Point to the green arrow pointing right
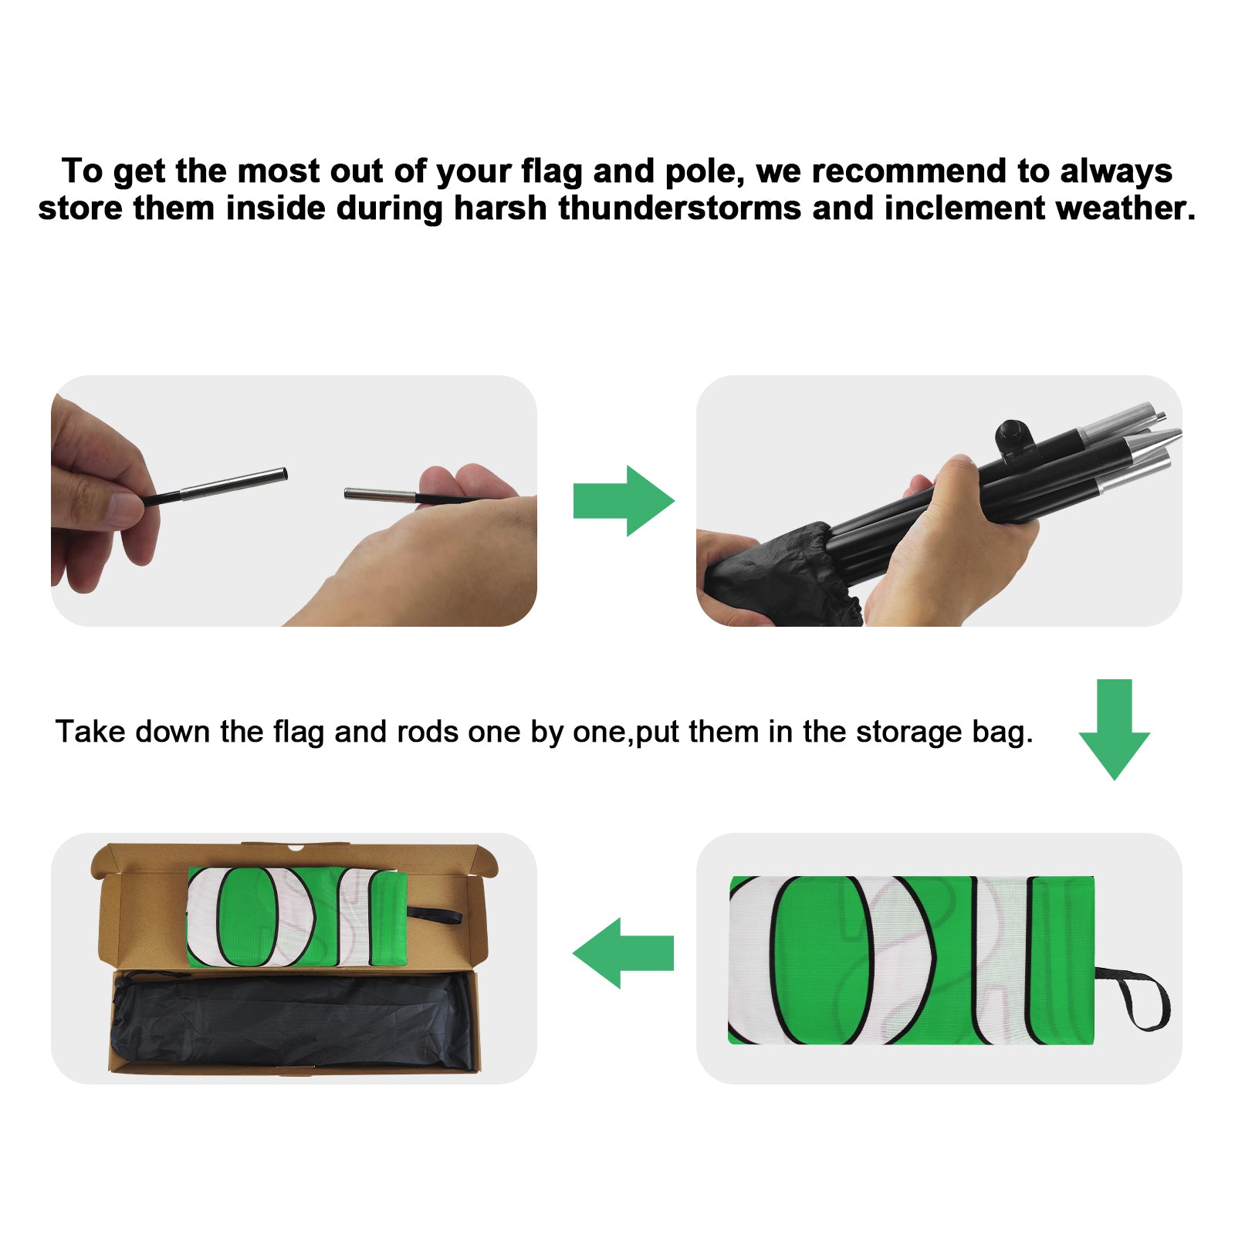point(624,501)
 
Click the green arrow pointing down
point(1114,729)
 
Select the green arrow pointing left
point(623,952)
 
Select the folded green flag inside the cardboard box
point(297,917)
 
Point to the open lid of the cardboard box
point(293,860)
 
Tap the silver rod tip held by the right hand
point(381,495)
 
